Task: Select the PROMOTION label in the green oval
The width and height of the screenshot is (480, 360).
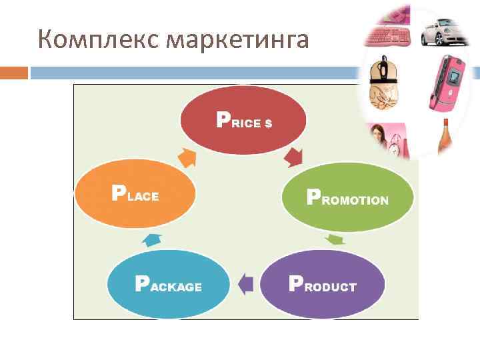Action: pyautogui.click(x=347, y=198)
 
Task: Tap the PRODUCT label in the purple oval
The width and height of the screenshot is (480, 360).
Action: pyautogui.click(x=322, y=285)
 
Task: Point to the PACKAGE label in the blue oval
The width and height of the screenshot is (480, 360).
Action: pyautogui.click(x=168, y=285)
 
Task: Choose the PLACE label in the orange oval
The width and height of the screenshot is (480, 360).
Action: pyautogui.click(x=135, y=194)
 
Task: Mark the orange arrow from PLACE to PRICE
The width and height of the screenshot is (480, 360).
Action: pyautogui.click(x=187, y=157)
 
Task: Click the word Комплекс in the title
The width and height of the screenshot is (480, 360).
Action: pyautogui.click(x=99, y=40)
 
